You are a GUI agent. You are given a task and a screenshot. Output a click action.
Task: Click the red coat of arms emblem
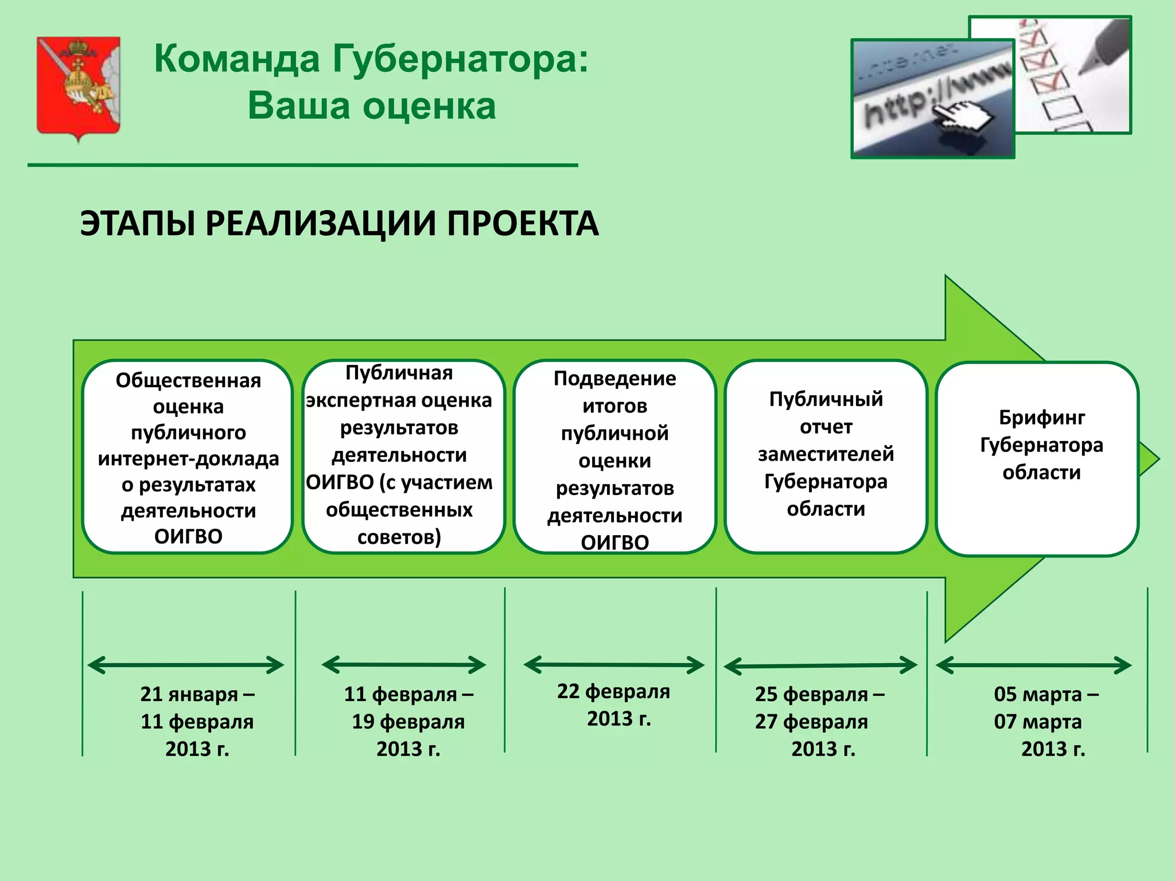(x=79, y=86)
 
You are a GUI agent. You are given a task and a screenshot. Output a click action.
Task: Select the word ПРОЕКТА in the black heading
(x=523, y=223)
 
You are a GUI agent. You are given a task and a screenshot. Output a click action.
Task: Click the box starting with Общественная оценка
(x=188, y=457)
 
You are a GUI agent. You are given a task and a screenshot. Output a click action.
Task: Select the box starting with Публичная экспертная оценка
(x=399, y=455)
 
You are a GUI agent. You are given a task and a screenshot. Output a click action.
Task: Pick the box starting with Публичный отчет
(x=826, y=455)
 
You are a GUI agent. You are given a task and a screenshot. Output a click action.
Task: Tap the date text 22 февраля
(x=613, y=692)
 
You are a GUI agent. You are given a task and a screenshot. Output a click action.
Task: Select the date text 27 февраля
(x=811, y=722)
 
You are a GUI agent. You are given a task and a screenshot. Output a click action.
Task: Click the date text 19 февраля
(x=408, y=722)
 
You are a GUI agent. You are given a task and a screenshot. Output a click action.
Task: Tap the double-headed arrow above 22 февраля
(x=614, y=665)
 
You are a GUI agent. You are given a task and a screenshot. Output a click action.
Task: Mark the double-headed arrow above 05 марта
(x=1033, y=666)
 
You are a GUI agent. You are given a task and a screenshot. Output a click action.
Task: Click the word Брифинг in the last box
(x=1041, y=418)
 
